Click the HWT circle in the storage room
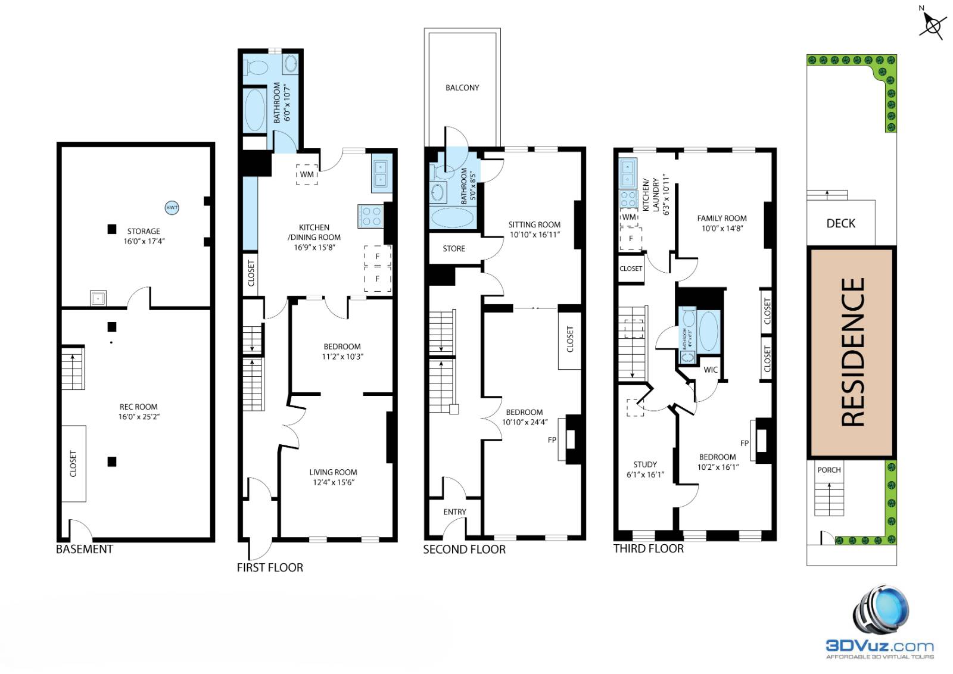click(x=172, y=208)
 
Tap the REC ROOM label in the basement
click(x=138, y=407)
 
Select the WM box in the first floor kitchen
click(x=307, y=174)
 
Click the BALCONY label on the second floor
click(x=462, y=88)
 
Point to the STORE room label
click(x=454, y=249)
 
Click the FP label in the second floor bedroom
click(x=552, y=440)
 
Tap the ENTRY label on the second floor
click(x=454, y=512)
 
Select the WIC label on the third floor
click(x=711, y=370)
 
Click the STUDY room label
click(x=645, y=464)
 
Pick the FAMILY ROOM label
click(x=722, y=219)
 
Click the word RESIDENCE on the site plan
click(x=852, y=352)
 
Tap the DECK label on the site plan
click(x=841, y=223)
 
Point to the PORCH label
click(x=829, y=470)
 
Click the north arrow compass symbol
click(x=933, y=25)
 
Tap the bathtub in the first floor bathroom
click(x=255, y=110)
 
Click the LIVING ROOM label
click(x=333, y=472)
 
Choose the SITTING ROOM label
click(x=534, y=225)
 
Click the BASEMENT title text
click(x=85, y=549)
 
